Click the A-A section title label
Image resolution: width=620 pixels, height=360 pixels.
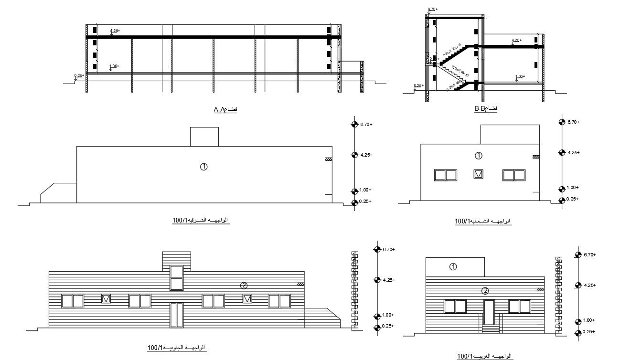(225, 110)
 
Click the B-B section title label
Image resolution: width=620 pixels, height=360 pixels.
(486, 109)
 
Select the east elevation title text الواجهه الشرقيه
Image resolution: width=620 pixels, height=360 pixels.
(200, 220)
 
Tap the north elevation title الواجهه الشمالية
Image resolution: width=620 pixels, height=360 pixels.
(482, 221)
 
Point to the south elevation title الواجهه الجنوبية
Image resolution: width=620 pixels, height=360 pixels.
(176, 347)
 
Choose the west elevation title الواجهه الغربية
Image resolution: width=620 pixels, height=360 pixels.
(484, 356)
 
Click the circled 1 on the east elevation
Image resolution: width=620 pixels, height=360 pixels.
(203, 167)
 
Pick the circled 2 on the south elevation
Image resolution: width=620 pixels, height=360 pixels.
(244, 286)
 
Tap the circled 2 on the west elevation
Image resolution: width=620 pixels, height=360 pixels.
(485, 290)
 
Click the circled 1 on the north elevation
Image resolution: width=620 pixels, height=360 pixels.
(479, 156)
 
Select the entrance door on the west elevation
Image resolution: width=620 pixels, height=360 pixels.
(489, 312)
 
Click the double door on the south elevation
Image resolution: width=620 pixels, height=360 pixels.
(176, 315)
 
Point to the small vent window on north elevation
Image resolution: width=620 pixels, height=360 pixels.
(479, 175)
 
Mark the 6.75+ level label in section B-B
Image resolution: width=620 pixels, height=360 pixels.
(432, 9)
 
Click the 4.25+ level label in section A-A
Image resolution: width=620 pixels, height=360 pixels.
(115, 31)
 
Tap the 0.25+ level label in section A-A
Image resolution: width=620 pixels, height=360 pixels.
(79, 75)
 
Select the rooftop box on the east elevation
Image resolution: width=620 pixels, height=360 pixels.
(204, 137)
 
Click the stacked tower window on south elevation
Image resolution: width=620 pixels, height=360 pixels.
(176, 278)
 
